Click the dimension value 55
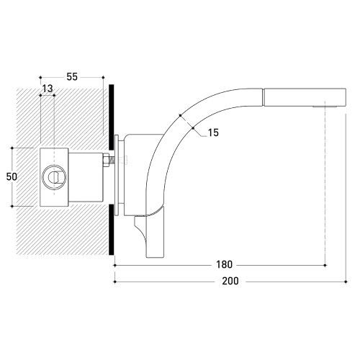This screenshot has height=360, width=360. pyautogui.click(x=72, y=77)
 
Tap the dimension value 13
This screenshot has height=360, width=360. pyautogui.click(x=48, y=89)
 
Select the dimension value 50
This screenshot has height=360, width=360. pyautogui.click(x=12, y=177)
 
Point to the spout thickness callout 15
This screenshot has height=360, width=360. pyautogui.click(x=213, y=132)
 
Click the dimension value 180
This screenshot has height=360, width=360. pyautogui.click(x=225, y=264)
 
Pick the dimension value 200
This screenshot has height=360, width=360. pyautogui.click(x=230, y=281)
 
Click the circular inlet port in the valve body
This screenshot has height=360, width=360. pyautogui.click(x=54, y=177)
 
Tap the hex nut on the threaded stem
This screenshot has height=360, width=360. pyautogui.click(x=106, y=160)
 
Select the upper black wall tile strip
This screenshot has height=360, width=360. pyautogui.click(x=111, y=117)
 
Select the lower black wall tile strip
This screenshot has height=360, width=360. pyautogui.click(x=111, y=230)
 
